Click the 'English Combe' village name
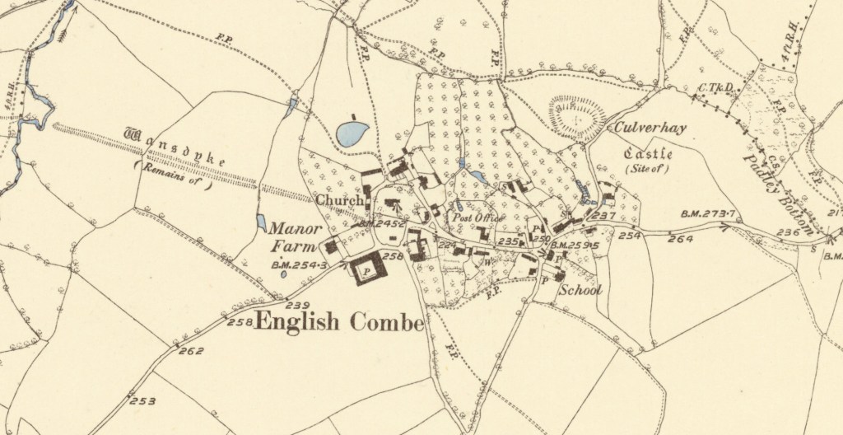[339, 322]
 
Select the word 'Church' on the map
[338, 200]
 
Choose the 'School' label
[581, 290]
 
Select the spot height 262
[190, 350]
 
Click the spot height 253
[142, 401]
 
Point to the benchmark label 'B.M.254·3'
[298, 265]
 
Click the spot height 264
[681, 240]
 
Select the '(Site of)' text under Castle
[648, 170]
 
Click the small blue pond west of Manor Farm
[261, 222]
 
